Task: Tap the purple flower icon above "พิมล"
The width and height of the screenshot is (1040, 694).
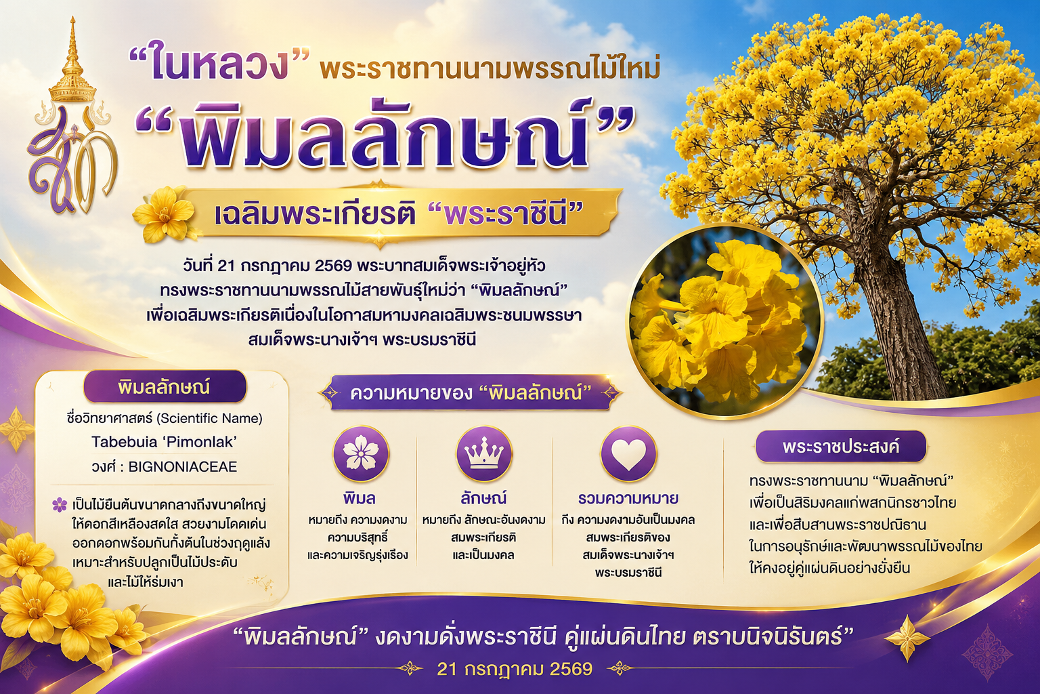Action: (x=361, y=453)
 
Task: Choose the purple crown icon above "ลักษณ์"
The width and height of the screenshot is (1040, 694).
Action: (x=484, y=453)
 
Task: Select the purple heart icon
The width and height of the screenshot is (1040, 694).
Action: (x=628, y=453)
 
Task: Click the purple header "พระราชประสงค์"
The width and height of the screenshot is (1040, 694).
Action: (x=841, y=447)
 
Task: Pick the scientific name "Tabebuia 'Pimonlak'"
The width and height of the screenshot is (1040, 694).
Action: (x=164, y=442)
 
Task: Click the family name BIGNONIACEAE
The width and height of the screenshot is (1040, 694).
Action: (x=182, y=467)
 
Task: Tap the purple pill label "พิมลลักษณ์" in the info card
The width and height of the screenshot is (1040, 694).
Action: (x=165, y=387)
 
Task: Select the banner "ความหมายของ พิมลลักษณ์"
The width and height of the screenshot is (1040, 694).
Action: (x=470, y=393)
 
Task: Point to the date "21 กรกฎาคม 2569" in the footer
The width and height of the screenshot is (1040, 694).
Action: (x=515, y=669)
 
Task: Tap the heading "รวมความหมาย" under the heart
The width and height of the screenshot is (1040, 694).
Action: (x=628, y=499)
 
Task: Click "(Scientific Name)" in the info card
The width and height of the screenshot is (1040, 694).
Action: (x=209, y=418)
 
